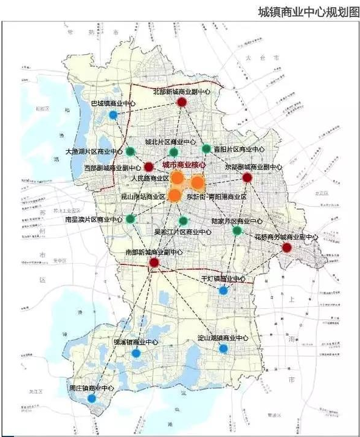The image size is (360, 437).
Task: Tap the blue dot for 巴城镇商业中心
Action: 113,115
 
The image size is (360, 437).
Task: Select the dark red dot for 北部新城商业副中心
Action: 181,103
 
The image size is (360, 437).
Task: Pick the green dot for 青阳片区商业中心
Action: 206,148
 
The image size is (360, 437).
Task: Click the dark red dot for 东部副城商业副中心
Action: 247,177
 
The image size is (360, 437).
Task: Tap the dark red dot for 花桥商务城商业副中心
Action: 287,247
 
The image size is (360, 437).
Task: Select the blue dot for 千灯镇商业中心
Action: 224,291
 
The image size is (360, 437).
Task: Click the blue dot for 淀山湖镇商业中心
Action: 224,348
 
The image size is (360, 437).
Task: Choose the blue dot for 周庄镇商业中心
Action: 92,399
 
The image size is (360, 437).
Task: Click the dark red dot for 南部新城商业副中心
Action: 154,263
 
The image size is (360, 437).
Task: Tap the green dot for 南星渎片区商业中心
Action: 130,219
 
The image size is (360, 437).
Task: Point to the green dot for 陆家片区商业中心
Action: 237,230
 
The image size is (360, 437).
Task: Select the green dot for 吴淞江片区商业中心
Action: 183,219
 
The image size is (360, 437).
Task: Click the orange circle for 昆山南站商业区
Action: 175,195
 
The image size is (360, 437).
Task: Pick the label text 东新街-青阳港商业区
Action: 216,197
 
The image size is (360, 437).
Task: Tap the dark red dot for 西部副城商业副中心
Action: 148,167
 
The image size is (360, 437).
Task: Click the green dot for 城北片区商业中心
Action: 174,152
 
